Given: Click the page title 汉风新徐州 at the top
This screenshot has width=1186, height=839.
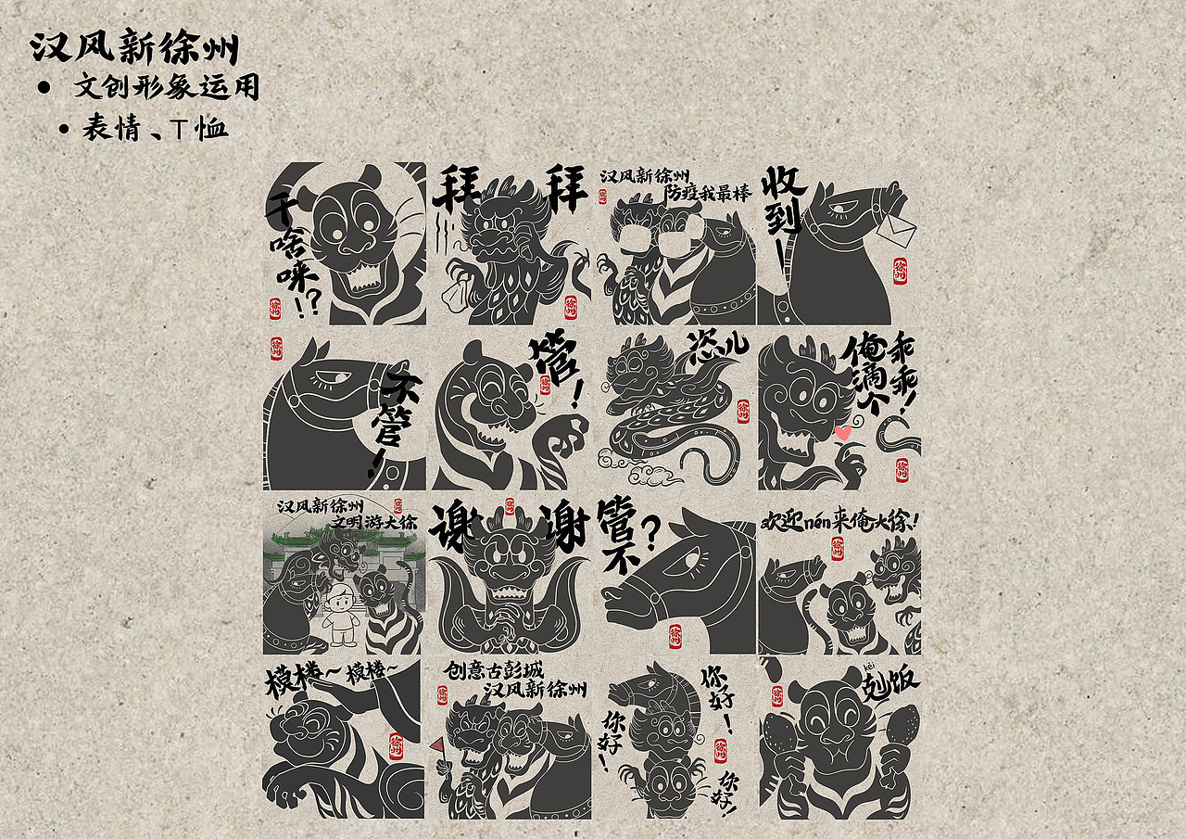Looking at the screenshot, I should (134, 46).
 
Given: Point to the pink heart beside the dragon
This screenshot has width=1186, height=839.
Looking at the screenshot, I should (842, 432).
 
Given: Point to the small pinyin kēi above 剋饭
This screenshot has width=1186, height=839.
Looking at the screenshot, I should (869, 667).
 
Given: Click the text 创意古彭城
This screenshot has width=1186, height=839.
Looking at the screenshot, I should (492, 670).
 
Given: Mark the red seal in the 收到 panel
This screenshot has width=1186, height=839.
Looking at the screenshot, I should (900, 272).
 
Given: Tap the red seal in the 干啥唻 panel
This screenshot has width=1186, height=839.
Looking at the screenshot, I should (275, 308).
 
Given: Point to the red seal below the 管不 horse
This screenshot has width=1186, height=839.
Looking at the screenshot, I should (674, 637).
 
